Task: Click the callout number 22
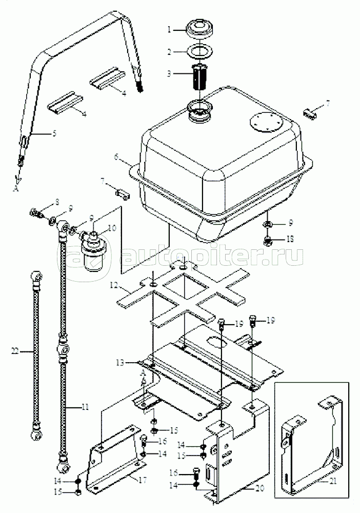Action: pos(14,351)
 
